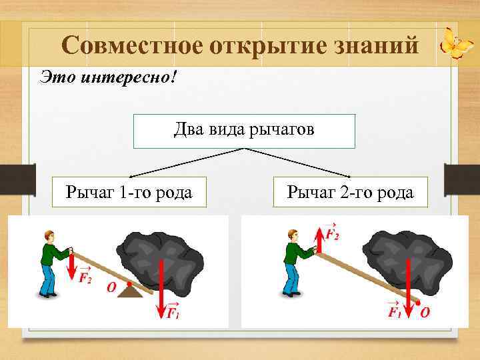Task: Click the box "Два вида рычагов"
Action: [x=244, y=131]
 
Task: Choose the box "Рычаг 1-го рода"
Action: [x=129, y=193]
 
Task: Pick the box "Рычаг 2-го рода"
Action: [x=350, y=193]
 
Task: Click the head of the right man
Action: [x=291, y=235]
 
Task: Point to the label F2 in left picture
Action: [x=85, y=277]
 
